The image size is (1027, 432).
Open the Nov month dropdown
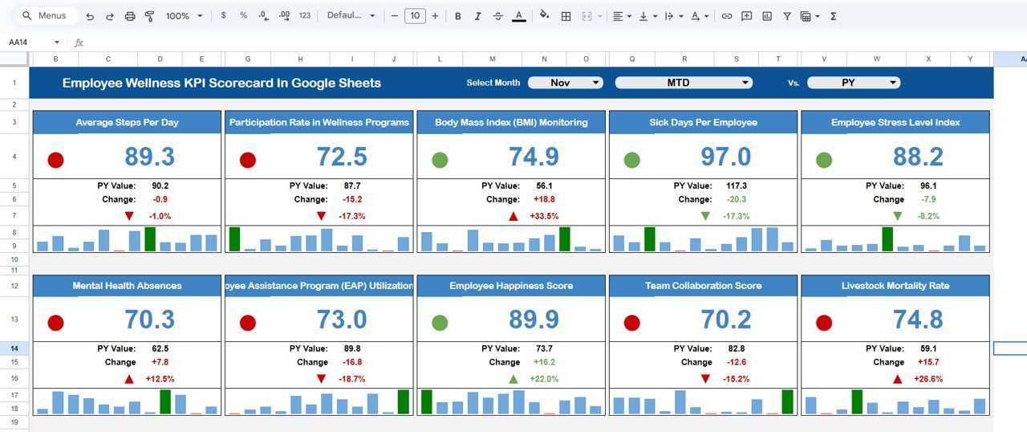pos(565,83)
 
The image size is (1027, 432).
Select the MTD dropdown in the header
pos(683,83)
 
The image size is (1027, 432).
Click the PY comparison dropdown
pos(853,83)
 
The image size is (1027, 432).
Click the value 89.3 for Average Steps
pos(150,157)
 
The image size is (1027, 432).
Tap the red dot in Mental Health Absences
pos(55,323)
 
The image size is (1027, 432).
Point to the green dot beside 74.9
pos(440,160)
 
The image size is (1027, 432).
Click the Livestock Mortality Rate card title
pos(895,286)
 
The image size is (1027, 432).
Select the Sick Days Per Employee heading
pos(703,123)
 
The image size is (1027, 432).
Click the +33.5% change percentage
pos(542,217)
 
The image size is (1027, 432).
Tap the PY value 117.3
pos(735,185)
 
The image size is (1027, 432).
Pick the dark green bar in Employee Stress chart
pos(887,239)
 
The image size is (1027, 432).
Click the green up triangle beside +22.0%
pos(513,379)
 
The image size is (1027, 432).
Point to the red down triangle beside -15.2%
pos(705,379)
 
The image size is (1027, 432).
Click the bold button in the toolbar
pos(457,16)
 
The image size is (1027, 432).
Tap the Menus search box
pos(48,16)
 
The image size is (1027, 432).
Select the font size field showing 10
pos(415,16)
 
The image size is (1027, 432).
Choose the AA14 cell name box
pos(32,43)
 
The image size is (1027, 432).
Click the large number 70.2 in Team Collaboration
pos(726,320)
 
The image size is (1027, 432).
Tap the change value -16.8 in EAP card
pos(351,362)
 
